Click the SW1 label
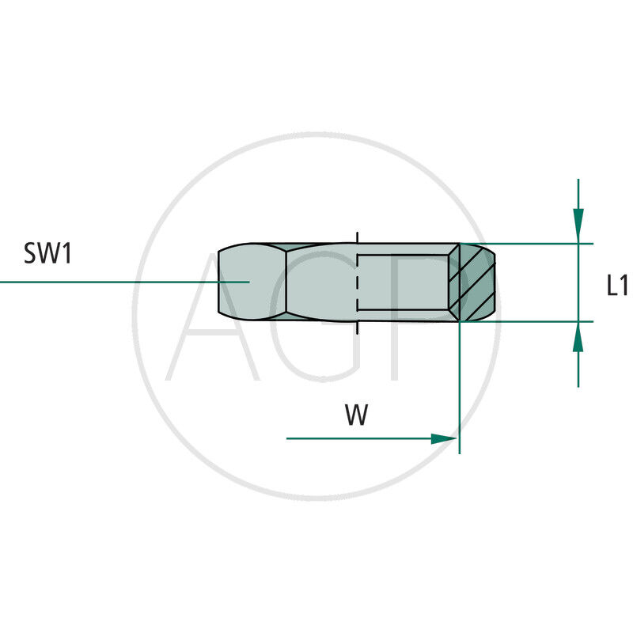[x=47, y=253]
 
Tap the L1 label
[x=618, y=285]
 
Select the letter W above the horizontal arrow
[x=357, y=414]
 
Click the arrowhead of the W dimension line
[x=444, y=439]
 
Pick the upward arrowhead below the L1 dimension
[x=578, y=337]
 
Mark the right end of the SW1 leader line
[x=249, y=282]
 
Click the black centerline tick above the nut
[x=357, y=238]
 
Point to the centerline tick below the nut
[x=357, y=328]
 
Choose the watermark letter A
[x=213, y=317]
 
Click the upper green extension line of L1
[x=526, y=244]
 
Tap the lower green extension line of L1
[x=526, y=322]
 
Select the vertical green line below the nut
[x=460, y=388]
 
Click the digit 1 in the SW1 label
[x=66, y=253]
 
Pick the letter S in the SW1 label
[x=30, y=253]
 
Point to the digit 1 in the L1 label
[x=624, y=285]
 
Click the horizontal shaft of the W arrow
[x=359, y=438]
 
